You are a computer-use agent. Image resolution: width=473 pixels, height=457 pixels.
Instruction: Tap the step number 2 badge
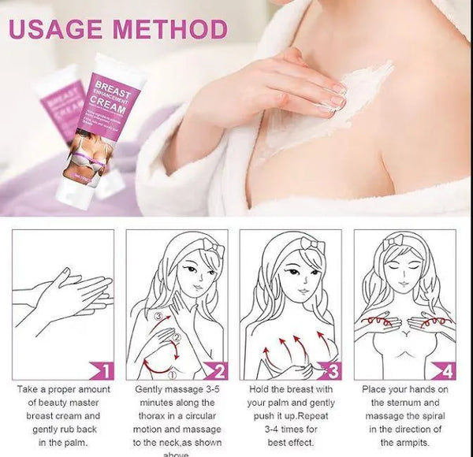(x=218, y=370)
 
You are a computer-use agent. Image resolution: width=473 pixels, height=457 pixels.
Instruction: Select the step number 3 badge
(x=332, y=370)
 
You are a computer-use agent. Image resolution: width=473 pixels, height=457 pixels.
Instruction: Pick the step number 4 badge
(x=446, y=370)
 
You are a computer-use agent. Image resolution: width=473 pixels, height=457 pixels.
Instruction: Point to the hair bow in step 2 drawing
(x=213, y=249)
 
